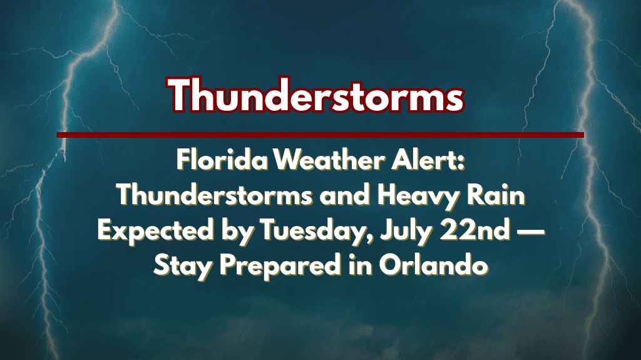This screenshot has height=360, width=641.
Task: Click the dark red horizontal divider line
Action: click(x=320, y=135)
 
